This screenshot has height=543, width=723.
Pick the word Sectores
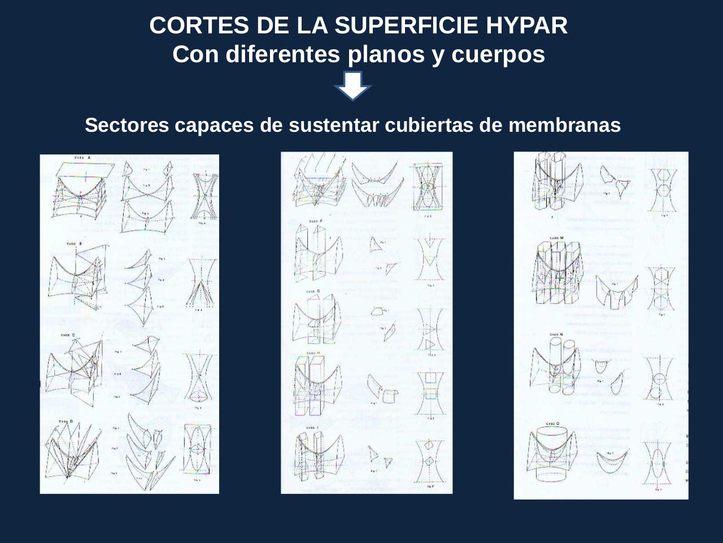(x=127, y=125)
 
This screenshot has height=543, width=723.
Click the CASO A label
(x=82, y=158)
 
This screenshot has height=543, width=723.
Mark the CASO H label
(x=313, y=354)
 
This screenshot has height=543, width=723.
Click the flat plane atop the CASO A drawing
(x=85, y=169)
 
